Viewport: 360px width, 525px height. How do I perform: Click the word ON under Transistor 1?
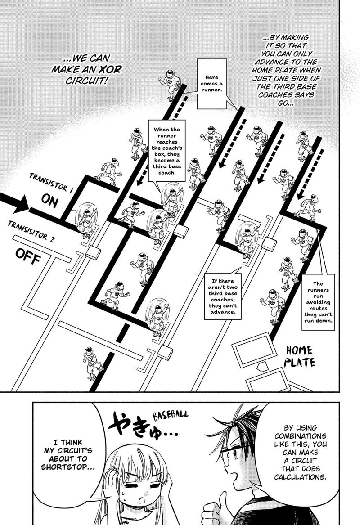click(49, 202)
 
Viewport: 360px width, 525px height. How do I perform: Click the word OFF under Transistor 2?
click(28, 256)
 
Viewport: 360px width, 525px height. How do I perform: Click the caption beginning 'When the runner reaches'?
click(166, 150)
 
